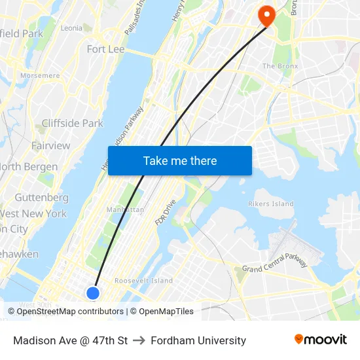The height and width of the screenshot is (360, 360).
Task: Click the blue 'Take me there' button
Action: [180, 160]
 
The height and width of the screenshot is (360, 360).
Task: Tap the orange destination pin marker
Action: [266, 14]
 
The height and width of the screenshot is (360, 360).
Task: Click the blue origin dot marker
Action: [93, 293]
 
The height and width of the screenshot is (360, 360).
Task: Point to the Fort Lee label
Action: [105, 49]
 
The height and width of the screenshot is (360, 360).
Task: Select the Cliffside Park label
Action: [72, 123]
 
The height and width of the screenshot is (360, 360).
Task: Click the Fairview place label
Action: [50, 145]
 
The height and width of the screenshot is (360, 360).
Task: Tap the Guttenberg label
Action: [41, 197]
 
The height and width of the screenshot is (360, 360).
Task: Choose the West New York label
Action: [33, 213]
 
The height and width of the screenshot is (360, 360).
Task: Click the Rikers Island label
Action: [271, 204]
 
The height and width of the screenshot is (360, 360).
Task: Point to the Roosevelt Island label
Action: [144, 281]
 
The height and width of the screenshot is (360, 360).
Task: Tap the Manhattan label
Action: [124, 210]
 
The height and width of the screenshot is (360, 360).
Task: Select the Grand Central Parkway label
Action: [275, 263]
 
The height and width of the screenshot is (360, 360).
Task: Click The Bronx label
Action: [280, 66]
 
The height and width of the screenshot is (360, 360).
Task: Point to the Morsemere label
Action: [40, 75]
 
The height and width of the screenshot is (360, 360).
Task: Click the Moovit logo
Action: [320, 339]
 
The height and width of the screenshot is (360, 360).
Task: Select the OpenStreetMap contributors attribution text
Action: [70, 312]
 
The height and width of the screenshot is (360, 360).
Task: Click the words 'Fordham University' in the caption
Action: [198, 340]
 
